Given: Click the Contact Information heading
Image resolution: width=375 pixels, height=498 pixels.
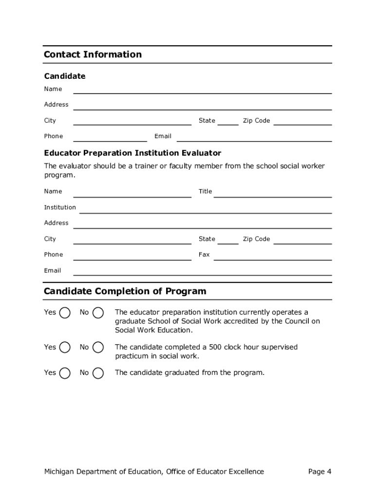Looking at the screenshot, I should tap(93, 54).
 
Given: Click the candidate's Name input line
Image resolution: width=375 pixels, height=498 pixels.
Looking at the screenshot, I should tap(202, 89).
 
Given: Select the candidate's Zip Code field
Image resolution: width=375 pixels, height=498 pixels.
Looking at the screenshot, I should tap(302, 121).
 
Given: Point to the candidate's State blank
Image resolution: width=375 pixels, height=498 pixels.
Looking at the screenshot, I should tap(227, 121).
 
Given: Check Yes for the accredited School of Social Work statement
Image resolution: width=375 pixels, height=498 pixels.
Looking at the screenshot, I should tap(65, 313).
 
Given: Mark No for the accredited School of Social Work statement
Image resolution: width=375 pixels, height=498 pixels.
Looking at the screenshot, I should tap(98, 313).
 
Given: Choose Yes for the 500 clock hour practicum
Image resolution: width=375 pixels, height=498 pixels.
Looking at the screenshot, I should tap(65, 347).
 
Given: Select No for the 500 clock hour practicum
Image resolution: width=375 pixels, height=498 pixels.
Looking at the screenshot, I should tap(98, 347).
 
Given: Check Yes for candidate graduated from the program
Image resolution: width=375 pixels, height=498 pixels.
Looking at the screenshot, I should tap(65, 373).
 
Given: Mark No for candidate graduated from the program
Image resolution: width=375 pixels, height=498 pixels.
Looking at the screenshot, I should tap(98, 373).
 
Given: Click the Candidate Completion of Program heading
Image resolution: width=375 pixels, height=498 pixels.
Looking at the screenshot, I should tap(125, 291).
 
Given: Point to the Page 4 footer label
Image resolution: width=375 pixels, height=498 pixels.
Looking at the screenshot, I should tap(319, 471).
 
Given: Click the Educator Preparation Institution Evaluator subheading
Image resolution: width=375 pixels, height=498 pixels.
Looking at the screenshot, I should tap(132, 153).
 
